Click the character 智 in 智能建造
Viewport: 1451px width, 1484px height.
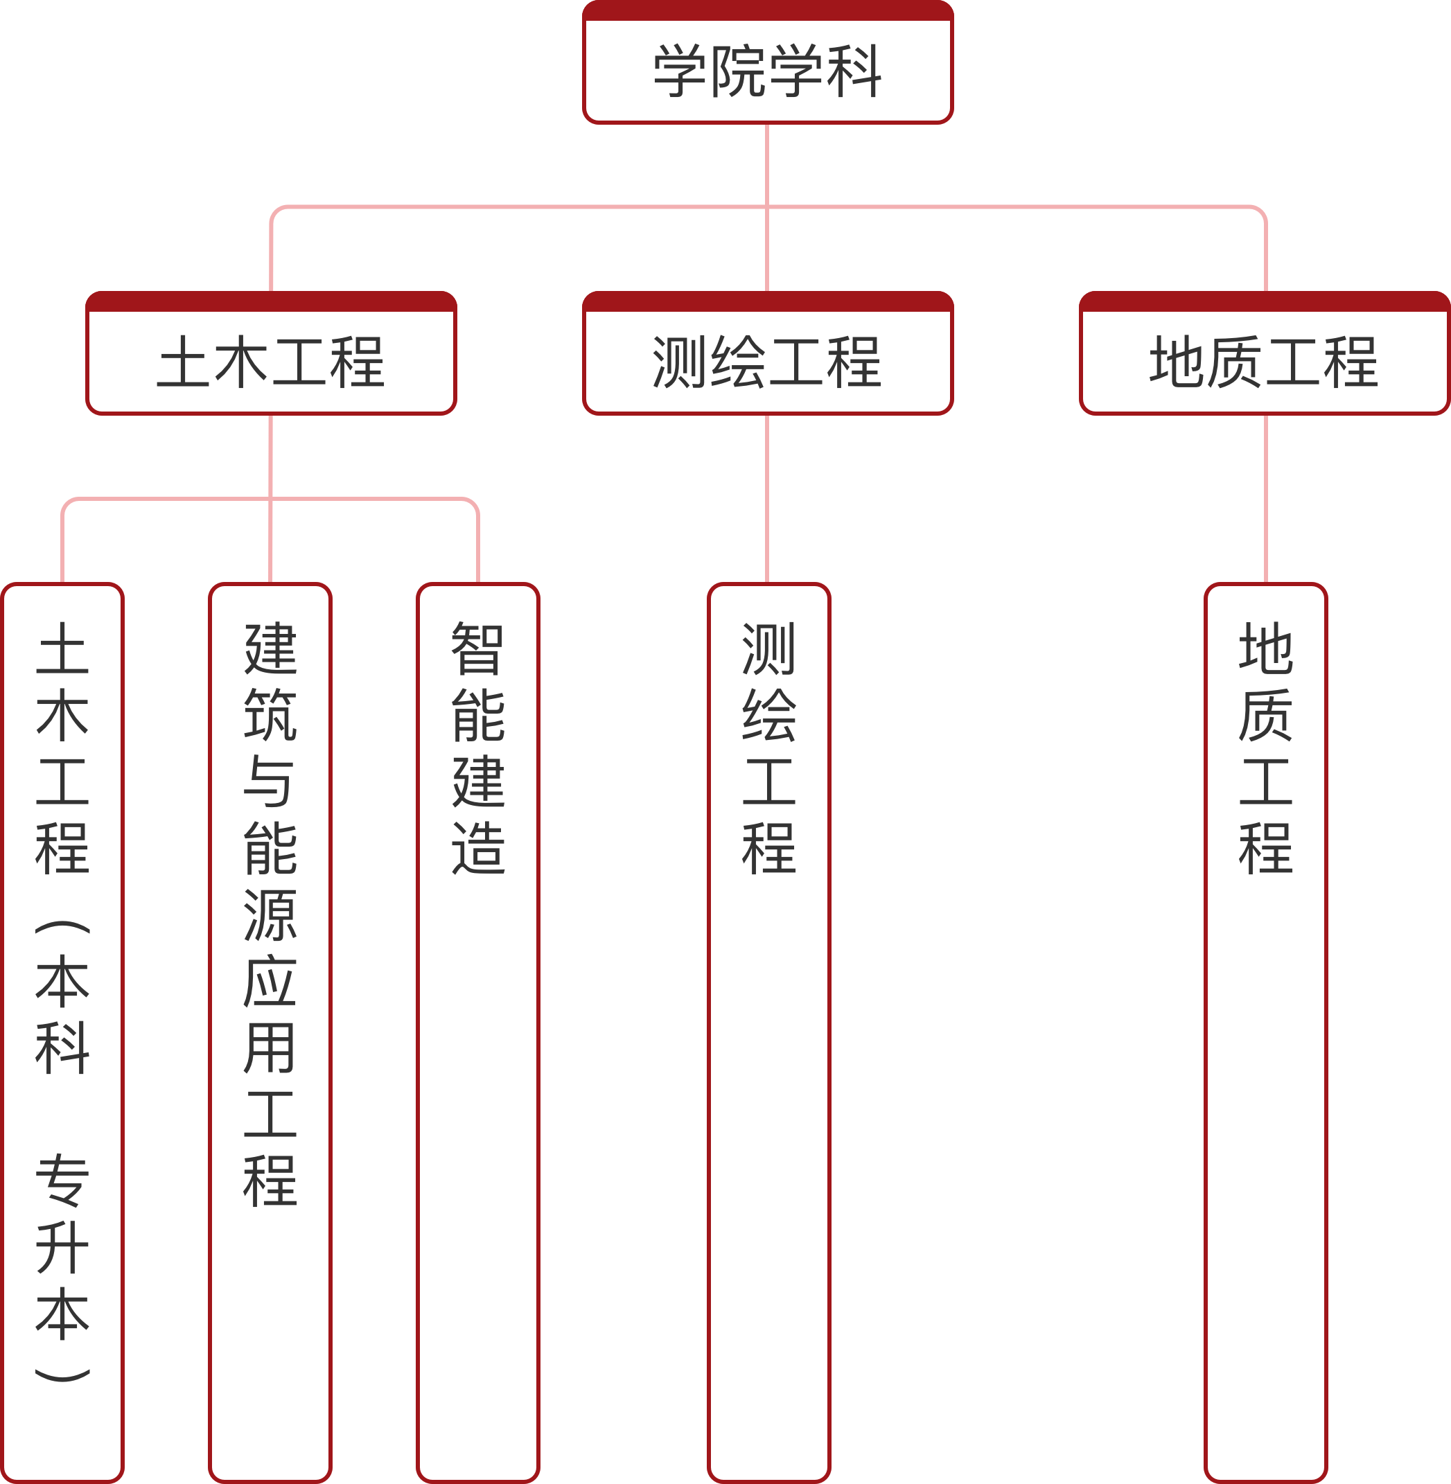click(478, 649)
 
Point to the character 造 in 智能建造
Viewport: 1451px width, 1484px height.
click(478, 848)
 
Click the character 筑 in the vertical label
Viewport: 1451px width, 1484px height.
click(270, 716)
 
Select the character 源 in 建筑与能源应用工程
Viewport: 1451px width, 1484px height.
click(270, 915)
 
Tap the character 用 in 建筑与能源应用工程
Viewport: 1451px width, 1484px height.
click(270, 1048)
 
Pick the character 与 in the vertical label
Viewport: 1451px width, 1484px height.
click(270, 781)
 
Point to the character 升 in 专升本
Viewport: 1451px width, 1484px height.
click(62, 1247)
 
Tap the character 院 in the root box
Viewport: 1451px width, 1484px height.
click(739, 71)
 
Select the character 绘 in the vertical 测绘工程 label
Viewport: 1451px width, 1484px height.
click(769, 716)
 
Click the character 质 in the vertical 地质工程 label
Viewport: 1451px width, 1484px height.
click(1266, 716)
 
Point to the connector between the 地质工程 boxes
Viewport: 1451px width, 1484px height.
click(1266, 499)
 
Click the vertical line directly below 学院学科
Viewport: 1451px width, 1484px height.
click(767, 164)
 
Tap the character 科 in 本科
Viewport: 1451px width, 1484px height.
click(62, 1048)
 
